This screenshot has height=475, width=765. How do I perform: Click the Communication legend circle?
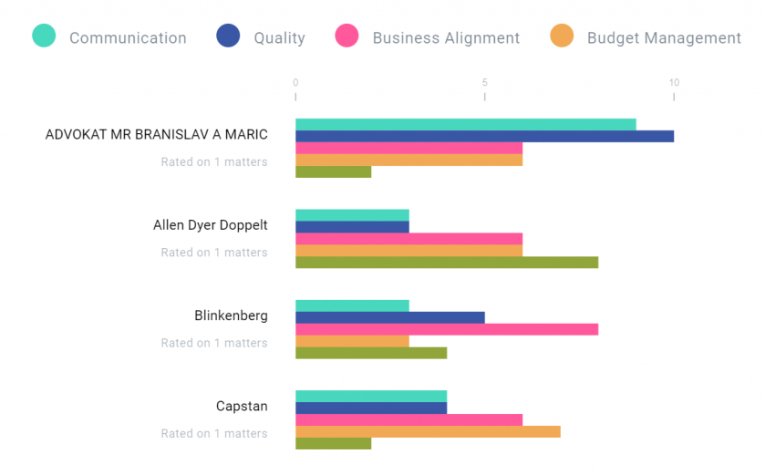pyautogui.click(x=44, y=36)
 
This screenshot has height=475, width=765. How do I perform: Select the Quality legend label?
pyautogui.click(x=279, y=38)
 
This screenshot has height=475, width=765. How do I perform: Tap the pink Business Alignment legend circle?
pyautogui.click(x=346, y=36)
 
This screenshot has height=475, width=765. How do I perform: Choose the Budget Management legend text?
pyautogui.click(x=664, y=38)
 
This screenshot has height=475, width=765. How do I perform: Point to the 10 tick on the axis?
pyautogui.click(x=674, y=83)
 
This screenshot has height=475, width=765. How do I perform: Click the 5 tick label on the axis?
pyautogui.click(x=484, y=83)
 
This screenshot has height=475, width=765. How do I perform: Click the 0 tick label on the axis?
pyautogui.click(x=295, y=83)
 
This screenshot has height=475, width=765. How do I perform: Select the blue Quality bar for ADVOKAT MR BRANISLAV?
pyautogui.click(x=484, y=136)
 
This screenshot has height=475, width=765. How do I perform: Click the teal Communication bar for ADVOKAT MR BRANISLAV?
pyautogui.click(x=465, y=124)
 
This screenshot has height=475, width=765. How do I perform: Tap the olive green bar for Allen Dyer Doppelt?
pyautogui.click(x=447, y=263)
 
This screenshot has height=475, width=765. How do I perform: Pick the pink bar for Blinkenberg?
pyautogui.click(x=447, y=329)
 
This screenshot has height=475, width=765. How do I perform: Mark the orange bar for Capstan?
pyautogui.click(x=428, y=431)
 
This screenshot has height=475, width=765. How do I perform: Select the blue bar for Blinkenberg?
pyautogui.click(x=389, y=317)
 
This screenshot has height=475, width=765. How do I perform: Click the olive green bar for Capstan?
pyautogui.click(x=333, y=443)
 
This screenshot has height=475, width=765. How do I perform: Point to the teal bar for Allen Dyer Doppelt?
pyautogui.click(x=352, y=215)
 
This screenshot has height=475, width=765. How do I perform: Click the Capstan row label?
pyautogui.click(x=242, y=407)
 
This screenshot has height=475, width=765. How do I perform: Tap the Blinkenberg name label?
pyautogui.click(x=231, y=315)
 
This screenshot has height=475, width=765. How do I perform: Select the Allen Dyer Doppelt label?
pyautogui.click(x=210, y=225)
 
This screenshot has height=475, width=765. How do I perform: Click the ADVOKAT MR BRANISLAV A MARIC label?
pyautogui.click(x=156, y=135)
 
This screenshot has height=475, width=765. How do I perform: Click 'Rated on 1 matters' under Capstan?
pyautogui.click(x=214, y=434)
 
